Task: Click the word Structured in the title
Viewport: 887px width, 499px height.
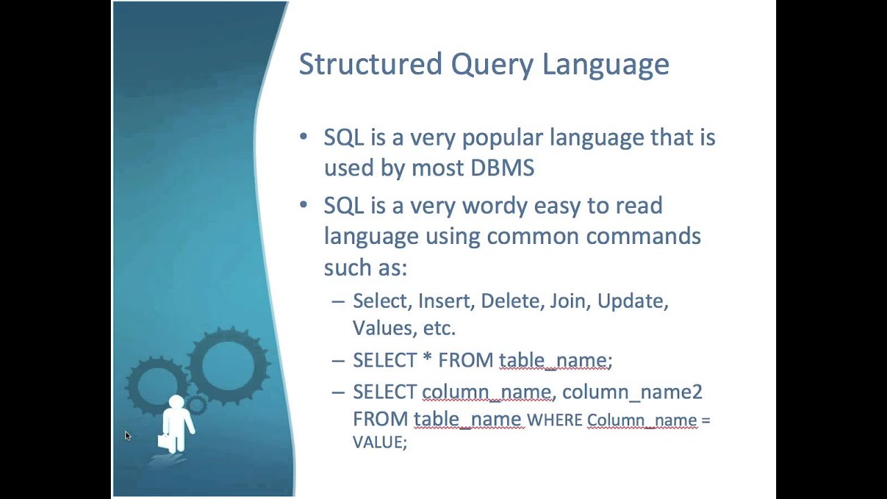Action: point(370,64)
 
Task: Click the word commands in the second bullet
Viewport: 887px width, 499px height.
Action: point(643,236)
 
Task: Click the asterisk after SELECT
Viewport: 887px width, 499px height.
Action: point(427,360)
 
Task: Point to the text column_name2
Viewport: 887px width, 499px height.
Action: point(632,392)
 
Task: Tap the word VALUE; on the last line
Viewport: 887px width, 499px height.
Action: point(379,442)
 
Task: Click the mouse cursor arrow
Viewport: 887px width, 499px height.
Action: point(128,435)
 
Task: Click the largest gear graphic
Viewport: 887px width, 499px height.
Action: point(229,365)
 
